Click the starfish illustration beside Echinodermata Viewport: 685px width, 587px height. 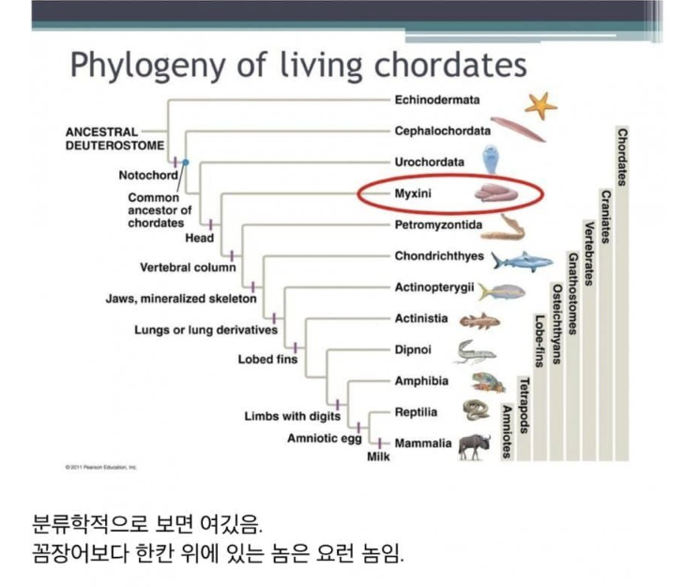[540, 106]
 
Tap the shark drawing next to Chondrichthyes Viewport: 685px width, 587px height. [522, 262]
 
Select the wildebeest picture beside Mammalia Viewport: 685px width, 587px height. [475, 447]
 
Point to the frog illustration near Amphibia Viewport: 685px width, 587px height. [488, 382]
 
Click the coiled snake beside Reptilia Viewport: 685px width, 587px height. [476, 410]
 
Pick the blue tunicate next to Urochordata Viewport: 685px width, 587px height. [491, 160]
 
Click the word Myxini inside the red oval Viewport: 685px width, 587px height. [413, 193]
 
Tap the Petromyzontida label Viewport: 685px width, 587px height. [438, 224]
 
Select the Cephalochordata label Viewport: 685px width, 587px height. [443, 131]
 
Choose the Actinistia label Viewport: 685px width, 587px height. [421, 318]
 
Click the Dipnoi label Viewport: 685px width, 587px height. [413, 350]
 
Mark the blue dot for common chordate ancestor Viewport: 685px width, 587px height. [186, 162]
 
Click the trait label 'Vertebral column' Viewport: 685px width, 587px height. [188, 268]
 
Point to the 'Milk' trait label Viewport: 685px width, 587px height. [378, 456]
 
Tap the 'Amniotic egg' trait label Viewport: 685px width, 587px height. [325, 439]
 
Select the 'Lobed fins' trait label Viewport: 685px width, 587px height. [267, 360]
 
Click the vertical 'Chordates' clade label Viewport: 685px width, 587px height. [622, 157]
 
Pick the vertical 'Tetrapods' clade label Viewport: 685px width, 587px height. [525, 405]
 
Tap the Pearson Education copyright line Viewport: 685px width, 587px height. [101, 467]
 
